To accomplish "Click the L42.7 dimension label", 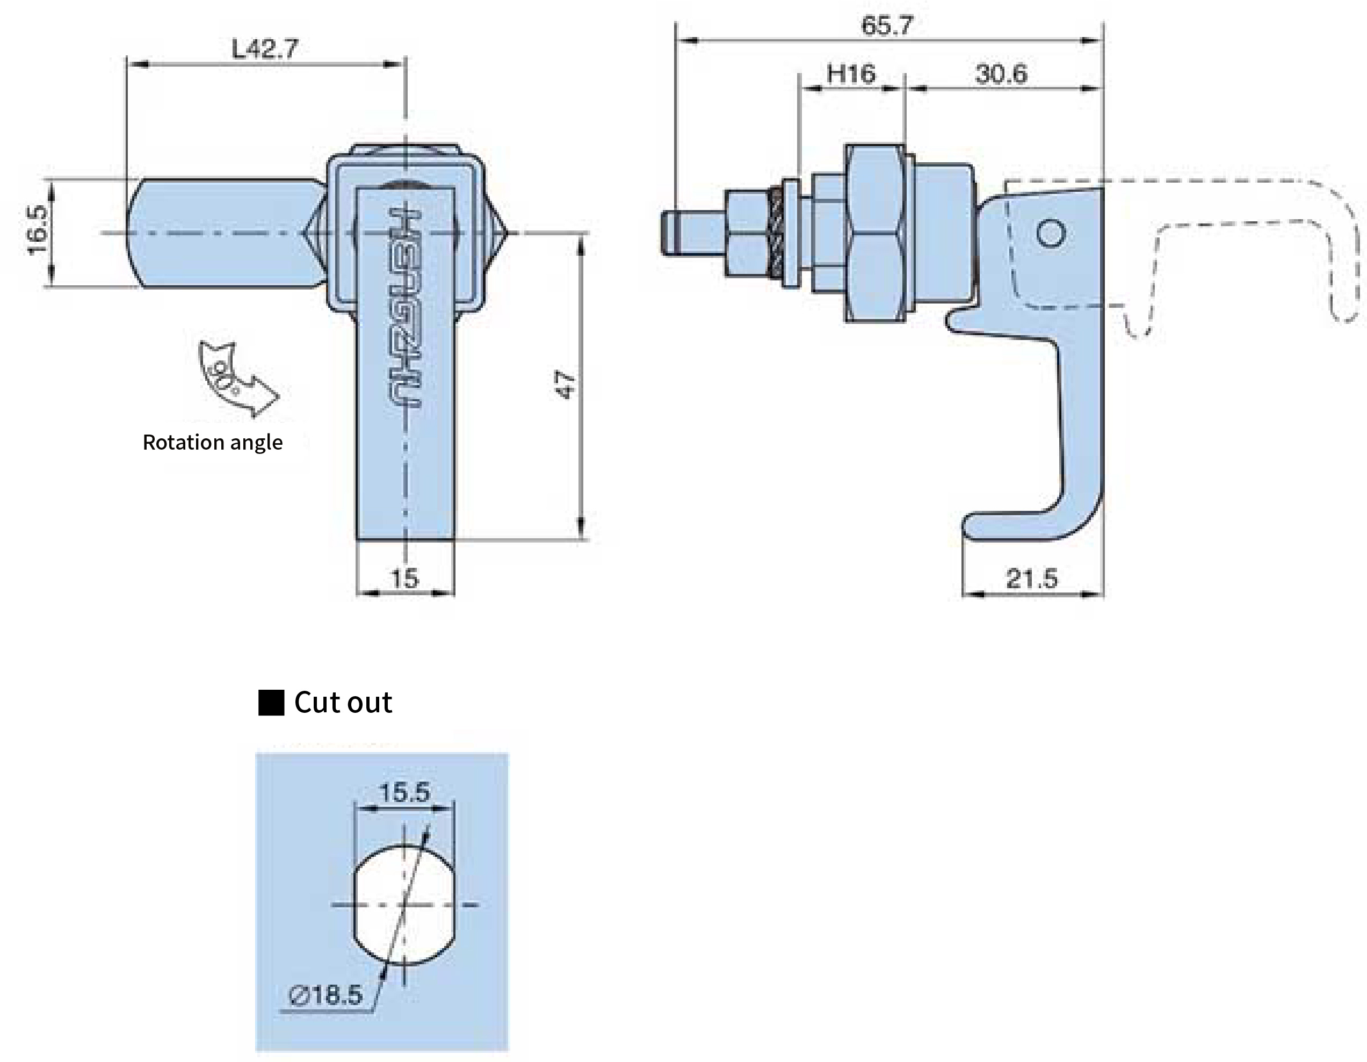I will pyautogui.click(x=265, y=49).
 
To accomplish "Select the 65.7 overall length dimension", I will pyautogui.click(x=887, y=26).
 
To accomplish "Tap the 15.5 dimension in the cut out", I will pyautogui.click(x=404, y=792).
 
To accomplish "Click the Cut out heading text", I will pyautogui.click(x=343, y=702).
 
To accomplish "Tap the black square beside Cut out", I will pyautogui.click(x=271, y=703).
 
